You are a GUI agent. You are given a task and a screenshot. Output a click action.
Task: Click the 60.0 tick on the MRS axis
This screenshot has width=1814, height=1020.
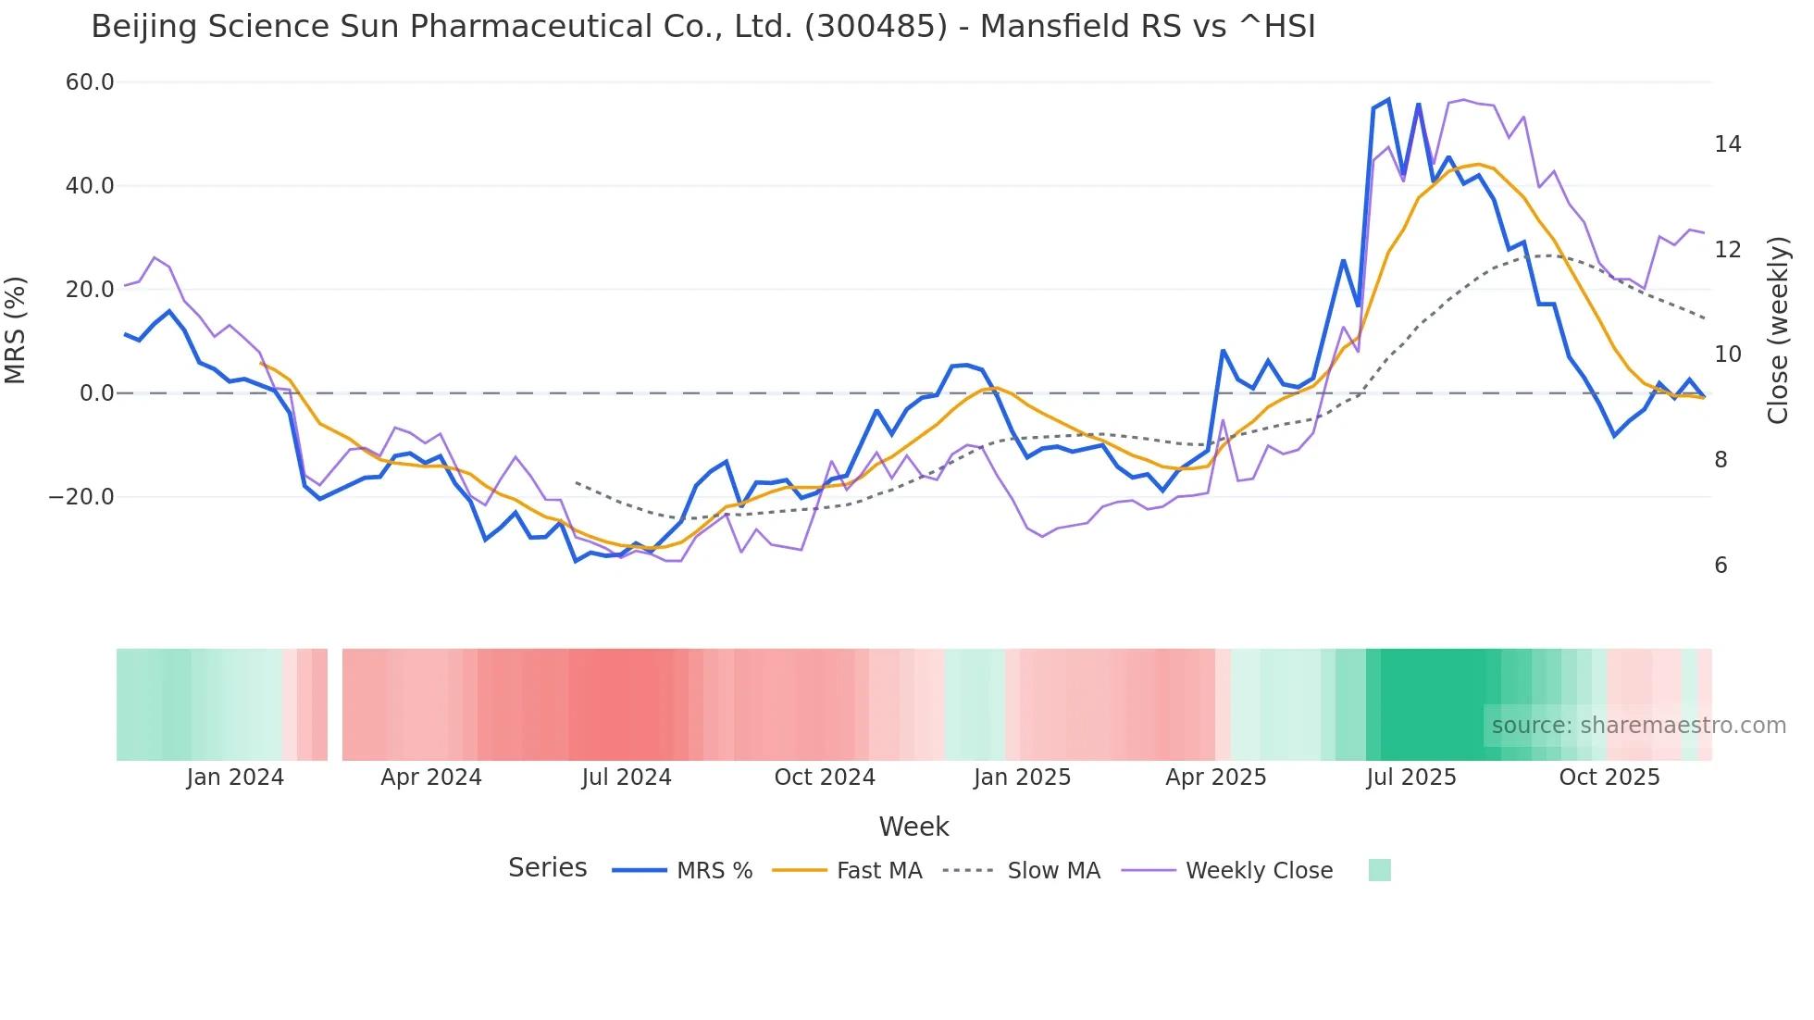(90, 82)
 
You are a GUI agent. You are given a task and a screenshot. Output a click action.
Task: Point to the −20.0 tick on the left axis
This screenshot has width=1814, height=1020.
(81, 497)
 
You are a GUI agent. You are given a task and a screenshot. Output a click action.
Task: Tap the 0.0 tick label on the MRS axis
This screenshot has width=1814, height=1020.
(97, 393)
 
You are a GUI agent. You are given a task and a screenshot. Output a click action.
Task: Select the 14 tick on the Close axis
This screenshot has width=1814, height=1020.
(1727, 144)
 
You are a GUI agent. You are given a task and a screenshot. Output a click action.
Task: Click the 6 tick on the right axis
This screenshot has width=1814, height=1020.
(1721, 566)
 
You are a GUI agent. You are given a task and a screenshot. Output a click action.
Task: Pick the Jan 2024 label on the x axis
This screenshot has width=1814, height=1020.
(235, 777)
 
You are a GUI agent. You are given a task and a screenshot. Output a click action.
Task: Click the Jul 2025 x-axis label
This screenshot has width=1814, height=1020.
(1410, 777)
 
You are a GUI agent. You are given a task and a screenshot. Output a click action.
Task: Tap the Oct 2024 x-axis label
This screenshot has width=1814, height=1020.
(824, 777)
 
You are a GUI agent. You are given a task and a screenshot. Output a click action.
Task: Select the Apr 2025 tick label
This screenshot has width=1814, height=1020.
(1215, 777)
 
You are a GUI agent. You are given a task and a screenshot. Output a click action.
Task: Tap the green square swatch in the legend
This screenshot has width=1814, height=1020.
(1379, 870)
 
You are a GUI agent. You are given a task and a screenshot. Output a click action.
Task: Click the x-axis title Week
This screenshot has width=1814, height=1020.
(913, 827)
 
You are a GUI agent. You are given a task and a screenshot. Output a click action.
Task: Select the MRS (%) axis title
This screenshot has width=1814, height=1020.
(16, 330)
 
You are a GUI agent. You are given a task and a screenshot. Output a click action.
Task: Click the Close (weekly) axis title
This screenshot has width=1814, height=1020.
(1778, 330)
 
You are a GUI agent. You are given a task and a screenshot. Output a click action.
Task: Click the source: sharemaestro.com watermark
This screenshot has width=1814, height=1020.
(1638, 726)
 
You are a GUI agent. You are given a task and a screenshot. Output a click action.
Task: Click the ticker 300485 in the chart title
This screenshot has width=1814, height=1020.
(876, 27)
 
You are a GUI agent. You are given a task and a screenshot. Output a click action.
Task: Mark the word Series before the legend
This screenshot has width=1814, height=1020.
(547, 868)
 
